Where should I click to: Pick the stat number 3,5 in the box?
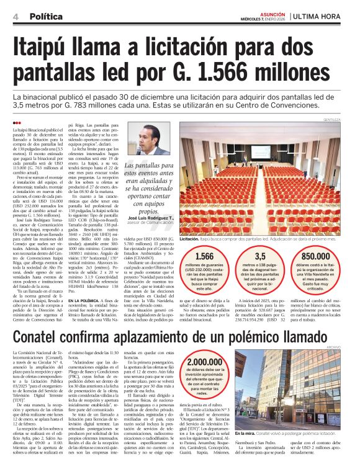pos(260,256)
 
